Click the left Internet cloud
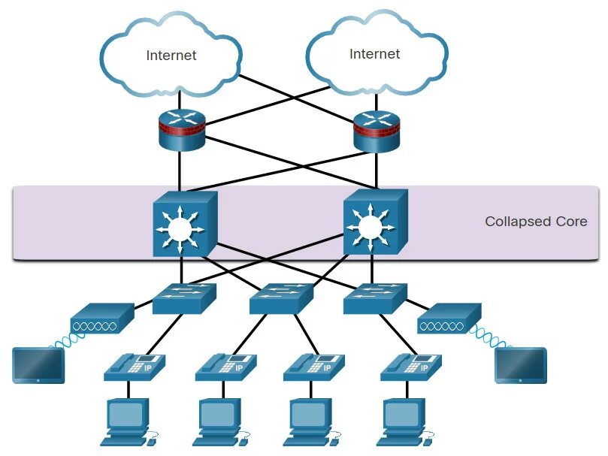click(x=171, y=55)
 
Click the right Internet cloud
click(x=377, y=53)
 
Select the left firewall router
click(x=181, y=130)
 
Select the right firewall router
click(x=376, y=131)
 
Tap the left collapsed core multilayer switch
click(x=185, y=223)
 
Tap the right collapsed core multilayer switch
click(x=375, y=222)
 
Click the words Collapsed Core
click(x=536, y=222)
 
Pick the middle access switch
click(x=281, y=298)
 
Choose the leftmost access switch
click(x=184, y=298)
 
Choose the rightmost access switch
click(x=375, y=298)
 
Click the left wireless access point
click(x=102, y=318)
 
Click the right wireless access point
click(x=449, y=318)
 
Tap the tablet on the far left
click(x=38, y=365)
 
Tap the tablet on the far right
click(x=521, y=365)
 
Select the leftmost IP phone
click(x=135, y=367)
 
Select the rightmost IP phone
click(x=411, y=367)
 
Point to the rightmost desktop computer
click(x=406, y=422)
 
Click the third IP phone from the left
click(x=314, y=367)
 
